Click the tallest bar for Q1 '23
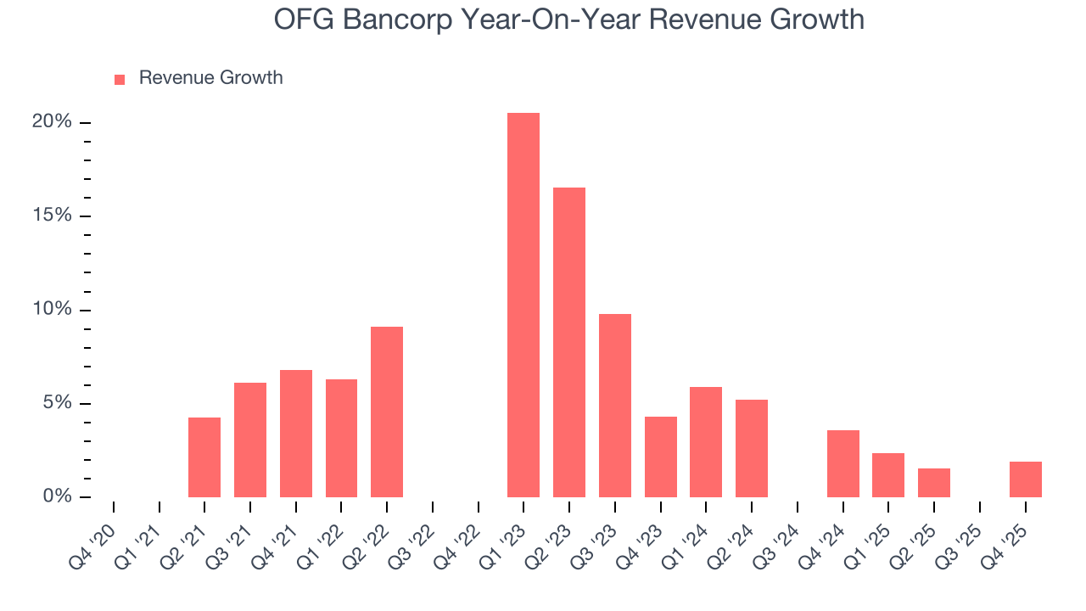pyautogui.click(x=523, y=305)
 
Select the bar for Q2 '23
pyautogui.click(x=569, y=343)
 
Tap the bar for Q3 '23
pyautogui.click(x=615, y=406)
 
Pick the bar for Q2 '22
pyautogui.click(x=387, y=412)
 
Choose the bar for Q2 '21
pyautogui.click(x=204, y=457)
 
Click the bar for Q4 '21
pyautogui.click(x=296, y=434)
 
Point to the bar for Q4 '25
pyautogui.click(x=1026, y=479)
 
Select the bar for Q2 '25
pyautogui.click(x=934, y=483)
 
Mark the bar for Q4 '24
pyautogui.click(x=843, y=464)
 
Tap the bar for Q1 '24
pyautogui.click(x=706, y=442)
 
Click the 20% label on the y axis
pyautogui.click(x=52, y=122)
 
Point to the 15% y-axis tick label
pyautogui.click(x=52, y=216)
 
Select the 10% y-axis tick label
pyautogui.click(x=52, y=310)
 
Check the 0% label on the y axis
pyautogui.click(x=57, y=496)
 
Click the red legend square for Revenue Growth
pyautogui.click(x=120, y=79)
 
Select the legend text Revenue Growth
pyautogui.click(x=210, y=78)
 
